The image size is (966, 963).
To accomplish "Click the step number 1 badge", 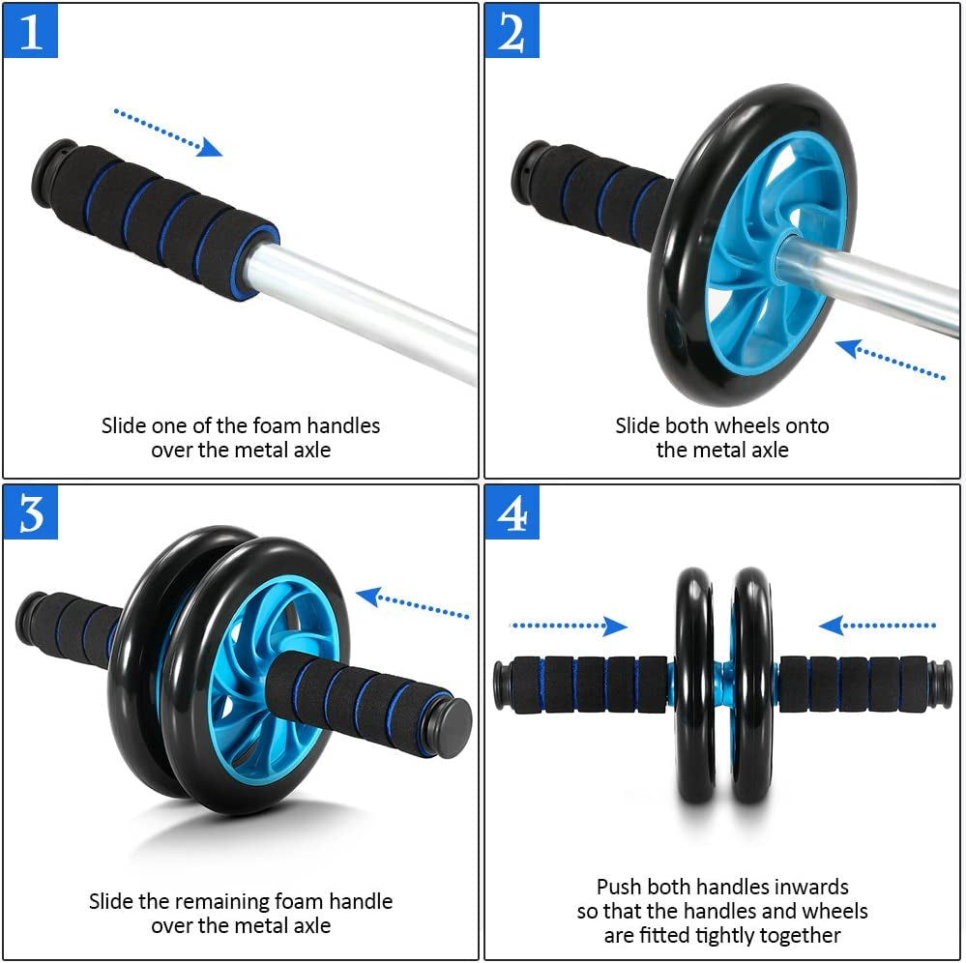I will click(31, 31).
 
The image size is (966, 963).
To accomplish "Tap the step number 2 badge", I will click(512, 31).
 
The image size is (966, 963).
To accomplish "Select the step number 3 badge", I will click(31, 512).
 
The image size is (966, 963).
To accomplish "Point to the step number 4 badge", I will click(512, 512).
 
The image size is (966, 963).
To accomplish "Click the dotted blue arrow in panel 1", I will click(167, 131).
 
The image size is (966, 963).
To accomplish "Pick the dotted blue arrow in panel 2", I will click(891, 361).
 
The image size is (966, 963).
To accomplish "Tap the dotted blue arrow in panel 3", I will click(412, 604).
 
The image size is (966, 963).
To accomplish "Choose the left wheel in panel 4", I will click(693, 685).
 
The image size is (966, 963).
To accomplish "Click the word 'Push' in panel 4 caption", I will click(619, 887).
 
